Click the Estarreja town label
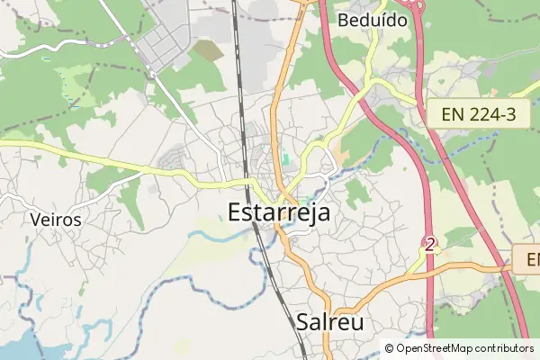(x=278, y=213)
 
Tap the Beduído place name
(x=372, y=19)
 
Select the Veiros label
(x=55, y=219)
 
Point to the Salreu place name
(x=330, y=321)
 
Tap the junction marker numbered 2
(x=430, y=244)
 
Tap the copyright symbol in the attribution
(x=390, y=348)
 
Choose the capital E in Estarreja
(x=236, y=213)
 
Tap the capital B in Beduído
(x=343, y=19)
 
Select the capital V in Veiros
(x=35, y=219)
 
